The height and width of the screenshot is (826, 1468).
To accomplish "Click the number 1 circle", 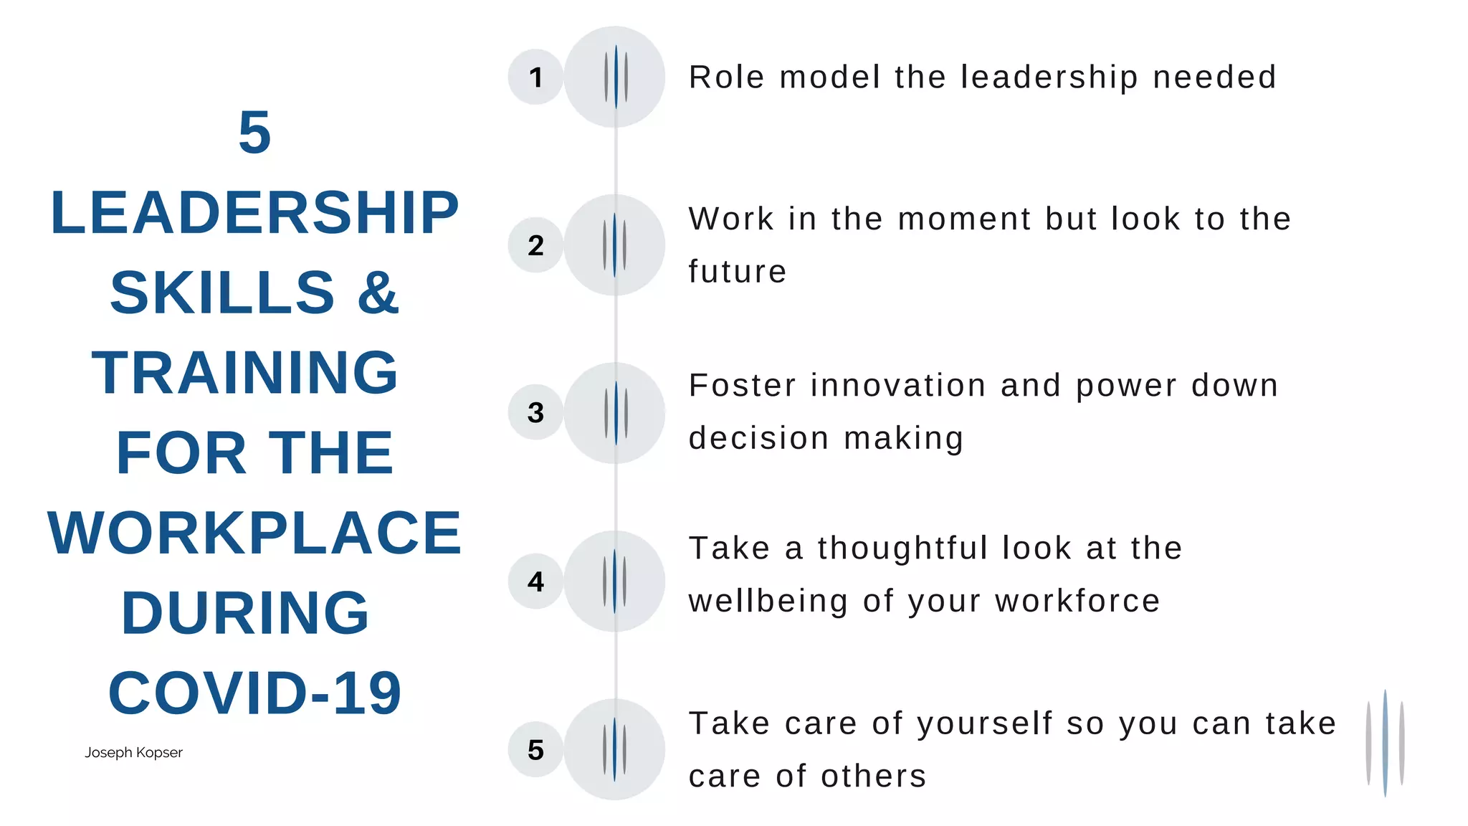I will (x=535, y=77).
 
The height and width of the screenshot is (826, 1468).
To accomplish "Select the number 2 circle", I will (x=535, y=245).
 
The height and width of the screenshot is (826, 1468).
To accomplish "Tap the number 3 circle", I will (x=535, y=412).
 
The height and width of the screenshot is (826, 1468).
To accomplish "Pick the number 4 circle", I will (x=535, y=581).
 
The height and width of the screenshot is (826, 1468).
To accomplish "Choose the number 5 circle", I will (x=535, y=749).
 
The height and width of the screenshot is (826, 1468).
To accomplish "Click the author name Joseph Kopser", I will (x=133, y=752).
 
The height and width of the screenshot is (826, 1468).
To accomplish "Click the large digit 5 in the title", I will (x=254, y=133).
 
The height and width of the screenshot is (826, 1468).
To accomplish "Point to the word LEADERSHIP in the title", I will (x=254, y=213).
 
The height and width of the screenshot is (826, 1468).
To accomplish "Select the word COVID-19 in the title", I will (x=254, y=693).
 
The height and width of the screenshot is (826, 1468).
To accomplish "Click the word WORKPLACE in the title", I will (x=254, y=533).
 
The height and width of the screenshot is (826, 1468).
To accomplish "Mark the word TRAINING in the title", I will (x=245, y=373).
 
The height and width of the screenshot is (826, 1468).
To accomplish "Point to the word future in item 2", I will (x=738, y=272).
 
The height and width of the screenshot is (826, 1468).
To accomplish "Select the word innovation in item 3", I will (x=898, y=386).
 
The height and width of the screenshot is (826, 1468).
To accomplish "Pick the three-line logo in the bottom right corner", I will (x=1385, y=743).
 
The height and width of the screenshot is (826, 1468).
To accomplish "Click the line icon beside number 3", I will (x=615, y=413).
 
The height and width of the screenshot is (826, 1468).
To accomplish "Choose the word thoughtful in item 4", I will (x=903, y=549).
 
